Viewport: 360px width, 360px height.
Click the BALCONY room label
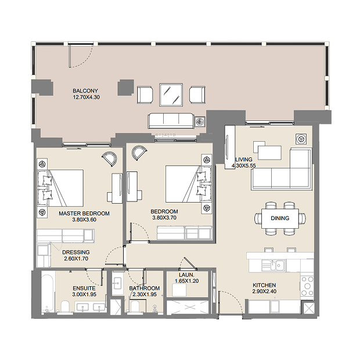(x=85, y=91)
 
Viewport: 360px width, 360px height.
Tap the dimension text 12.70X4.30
(x=87, y=98)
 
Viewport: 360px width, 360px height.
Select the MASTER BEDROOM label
(x=84, y=214)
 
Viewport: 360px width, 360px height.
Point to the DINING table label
(x=280, y=218)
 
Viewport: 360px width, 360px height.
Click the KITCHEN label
(x=264, y=285)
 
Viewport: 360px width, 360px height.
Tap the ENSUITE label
(x=84, y=289)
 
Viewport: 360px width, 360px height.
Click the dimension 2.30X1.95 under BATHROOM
(x=145, y=294)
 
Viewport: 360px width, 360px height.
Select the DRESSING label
(x=76, y=253)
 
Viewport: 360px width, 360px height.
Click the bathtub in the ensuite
(x=48, y=291)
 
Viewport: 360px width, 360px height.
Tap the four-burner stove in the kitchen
(x=307, y=286)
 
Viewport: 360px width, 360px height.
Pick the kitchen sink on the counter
(x=273, y=265)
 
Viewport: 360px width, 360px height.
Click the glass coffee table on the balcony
(x=171, y=95)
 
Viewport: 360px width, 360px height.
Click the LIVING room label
(x=244, y=159)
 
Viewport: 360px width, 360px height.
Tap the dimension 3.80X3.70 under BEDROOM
(x=164, y=218)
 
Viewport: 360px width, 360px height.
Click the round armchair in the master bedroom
(x=110, y=159)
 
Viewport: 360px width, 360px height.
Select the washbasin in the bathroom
(x=118, y=283)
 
